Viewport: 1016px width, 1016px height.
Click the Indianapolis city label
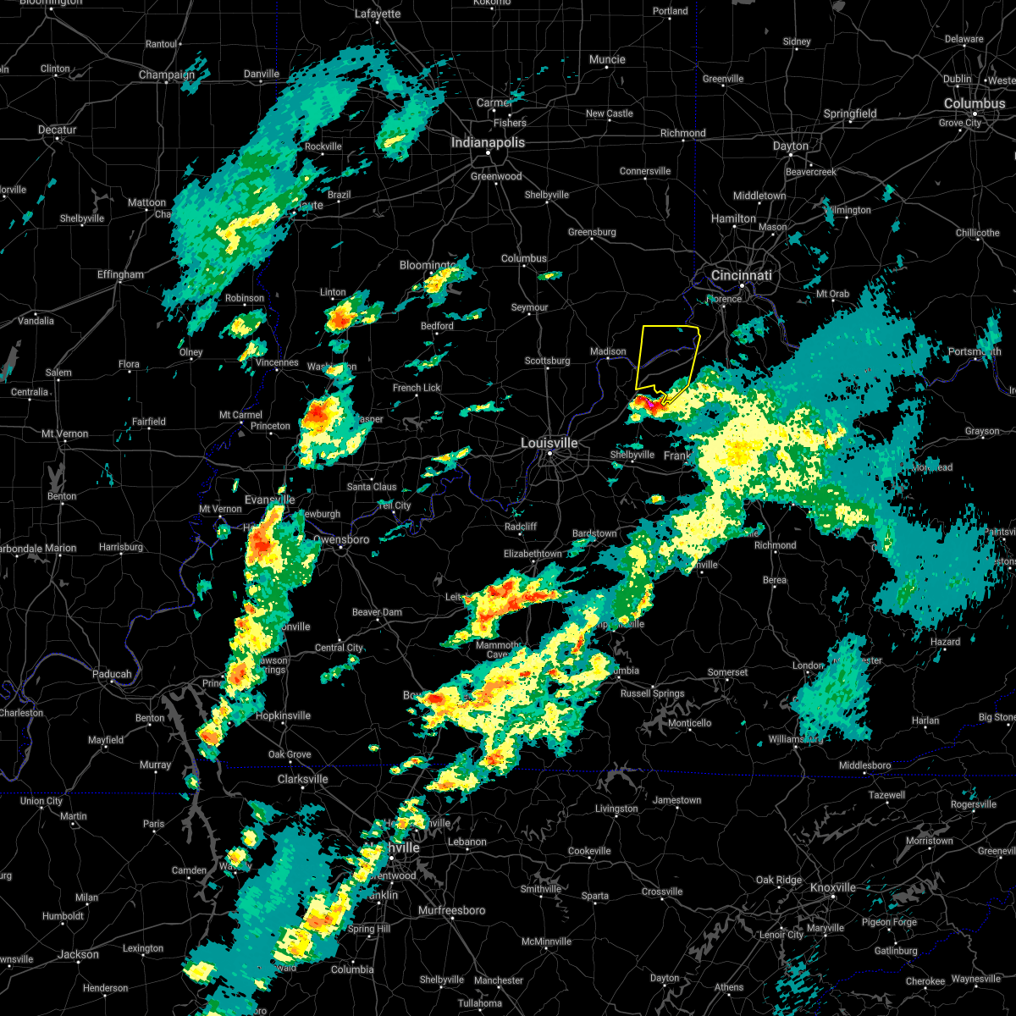point(488,142)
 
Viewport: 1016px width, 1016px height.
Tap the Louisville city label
point(549,443)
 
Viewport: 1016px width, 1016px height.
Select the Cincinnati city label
point(742,275)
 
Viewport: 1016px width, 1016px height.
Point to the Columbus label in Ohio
point(975,103)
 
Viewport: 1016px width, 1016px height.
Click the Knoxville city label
point(833,887)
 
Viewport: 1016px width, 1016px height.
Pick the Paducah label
point(112,675)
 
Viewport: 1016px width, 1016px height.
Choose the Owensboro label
point(341,539)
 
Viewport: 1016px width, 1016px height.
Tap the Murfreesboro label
point(452,910)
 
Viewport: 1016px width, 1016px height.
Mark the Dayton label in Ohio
point(791,146)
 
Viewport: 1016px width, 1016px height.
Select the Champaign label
point(167,75)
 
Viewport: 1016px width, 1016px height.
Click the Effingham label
point(120,274)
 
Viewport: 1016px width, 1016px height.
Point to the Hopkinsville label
point(284,715)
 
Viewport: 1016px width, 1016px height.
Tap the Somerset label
point(727,672)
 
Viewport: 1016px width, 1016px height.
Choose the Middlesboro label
point(865,765)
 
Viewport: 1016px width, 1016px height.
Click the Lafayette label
point(378,14)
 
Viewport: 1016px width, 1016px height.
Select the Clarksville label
point(302,779)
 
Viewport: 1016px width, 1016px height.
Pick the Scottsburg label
point(547,361)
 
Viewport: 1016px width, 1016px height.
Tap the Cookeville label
point(589,851)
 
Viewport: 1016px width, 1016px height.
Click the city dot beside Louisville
point(549,455)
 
